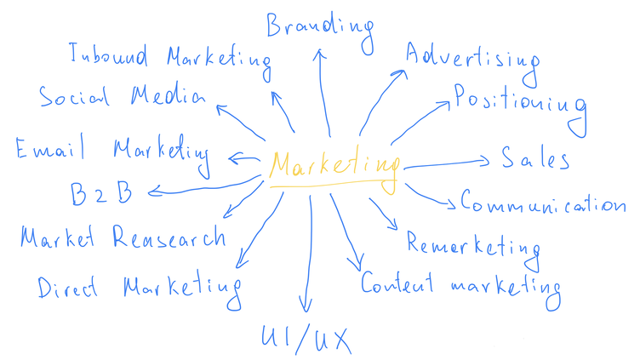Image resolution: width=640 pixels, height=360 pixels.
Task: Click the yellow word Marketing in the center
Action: (x=334, y=165)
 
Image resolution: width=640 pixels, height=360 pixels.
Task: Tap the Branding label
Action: (x=320, y=26)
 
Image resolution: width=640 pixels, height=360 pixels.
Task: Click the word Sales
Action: (x=534, y=158)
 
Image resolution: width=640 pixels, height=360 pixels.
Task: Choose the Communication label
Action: (x=543, y=203)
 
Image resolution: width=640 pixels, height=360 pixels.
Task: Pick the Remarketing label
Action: (x=473, y=246)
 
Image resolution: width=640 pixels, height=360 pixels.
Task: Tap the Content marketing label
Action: (x=460, y=283)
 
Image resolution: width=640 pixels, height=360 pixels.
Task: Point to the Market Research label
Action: (x=123, y=236)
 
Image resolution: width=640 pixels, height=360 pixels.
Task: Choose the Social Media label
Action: (x=122, y=96)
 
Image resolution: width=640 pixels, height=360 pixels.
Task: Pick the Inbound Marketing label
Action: (x=169, y=58)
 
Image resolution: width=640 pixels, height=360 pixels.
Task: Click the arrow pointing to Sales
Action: (x=447, y=163)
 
